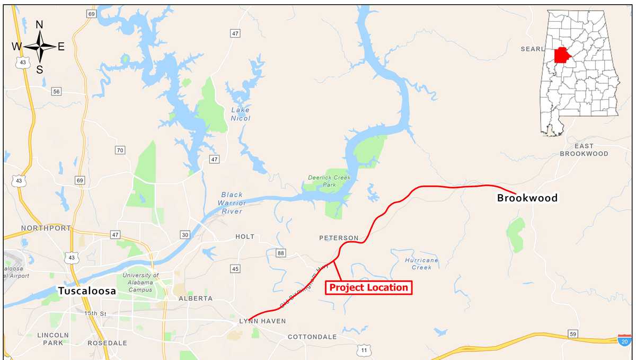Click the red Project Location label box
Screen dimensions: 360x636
(368, 287)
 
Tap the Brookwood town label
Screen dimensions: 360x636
(527, 198)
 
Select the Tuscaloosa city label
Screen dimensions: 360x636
(87, 291)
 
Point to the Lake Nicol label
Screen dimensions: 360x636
(240, 114)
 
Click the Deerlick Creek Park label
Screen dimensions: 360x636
(330, 181)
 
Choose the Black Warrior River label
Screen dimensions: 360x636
(233, 203)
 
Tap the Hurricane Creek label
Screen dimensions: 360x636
(422, 264)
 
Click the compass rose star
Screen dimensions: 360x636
(40, 47)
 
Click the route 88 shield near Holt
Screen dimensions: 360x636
(280, 253)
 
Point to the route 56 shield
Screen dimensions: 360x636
(56, 91)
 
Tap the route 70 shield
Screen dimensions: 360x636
(120, 150)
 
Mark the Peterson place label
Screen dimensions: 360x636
(339, 238)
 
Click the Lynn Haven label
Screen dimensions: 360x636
(262, 321)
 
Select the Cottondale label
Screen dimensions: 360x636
(312, 337)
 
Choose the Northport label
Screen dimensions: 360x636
(46, 228)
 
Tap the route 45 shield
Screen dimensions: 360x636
(235, 269)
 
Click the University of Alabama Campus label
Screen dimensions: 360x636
(140, 283)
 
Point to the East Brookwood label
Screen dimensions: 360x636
(584, 150)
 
